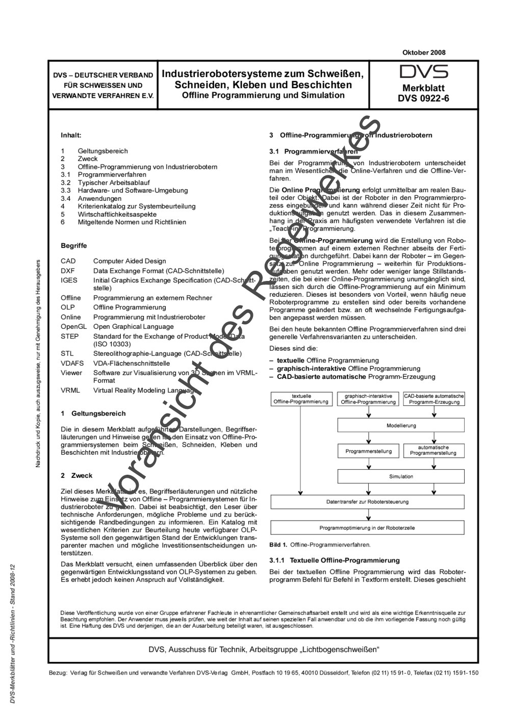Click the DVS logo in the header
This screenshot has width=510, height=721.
click(423, 71)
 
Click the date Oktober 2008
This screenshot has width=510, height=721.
click(424, 53)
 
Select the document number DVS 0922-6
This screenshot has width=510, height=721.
click(423, 98)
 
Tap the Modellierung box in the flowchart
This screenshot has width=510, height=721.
click(401, 426)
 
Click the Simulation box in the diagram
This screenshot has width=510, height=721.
click(401, 477)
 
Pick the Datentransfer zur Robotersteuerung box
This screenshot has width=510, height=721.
click(367, 502)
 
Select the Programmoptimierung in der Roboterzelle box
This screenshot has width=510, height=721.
click(367, 528)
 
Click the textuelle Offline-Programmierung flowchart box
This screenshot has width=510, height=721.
click(301, 399)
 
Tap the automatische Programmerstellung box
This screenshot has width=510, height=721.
click(433, 450)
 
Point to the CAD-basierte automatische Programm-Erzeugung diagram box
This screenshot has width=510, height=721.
click(433, 399)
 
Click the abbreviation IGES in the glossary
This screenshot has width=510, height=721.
click(69, 280)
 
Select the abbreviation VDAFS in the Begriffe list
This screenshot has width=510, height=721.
click(71, 364)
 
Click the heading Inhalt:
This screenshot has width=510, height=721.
click(71, 136)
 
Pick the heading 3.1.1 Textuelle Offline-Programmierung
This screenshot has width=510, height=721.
click(334, 560)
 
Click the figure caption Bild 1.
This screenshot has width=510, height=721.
click(278, 545)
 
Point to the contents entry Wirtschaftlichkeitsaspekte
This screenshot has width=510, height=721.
click(117, 214)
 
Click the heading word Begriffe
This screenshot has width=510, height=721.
click(73, 246)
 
